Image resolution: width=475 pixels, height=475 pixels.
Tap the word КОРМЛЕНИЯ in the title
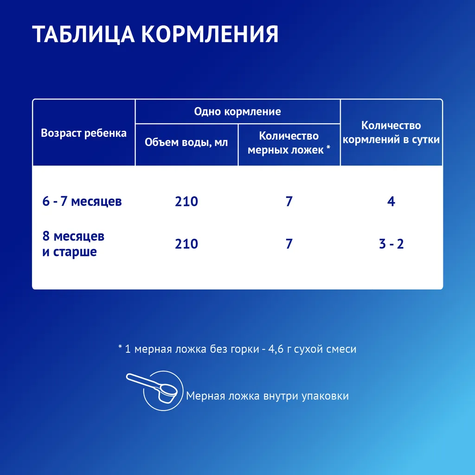tap(210, 34)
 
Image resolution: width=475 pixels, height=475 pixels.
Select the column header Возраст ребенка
tap(83, 133)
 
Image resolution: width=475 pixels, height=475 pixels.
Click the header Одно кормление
tap(237, 112)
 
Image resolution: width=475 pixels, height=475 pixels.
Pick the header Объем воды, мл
tap(186, 142)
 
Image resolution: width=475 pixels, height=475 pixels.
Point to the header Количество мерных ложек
tap(289, 143)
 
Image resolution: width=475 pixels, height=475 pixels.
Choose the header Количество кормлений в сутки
tap(391, 132)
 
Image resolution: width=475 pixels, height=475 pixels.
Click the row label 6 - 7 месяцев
tap(82, 201)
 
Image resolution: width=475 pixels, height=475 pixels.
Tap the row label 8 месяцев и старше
tap(73, 244)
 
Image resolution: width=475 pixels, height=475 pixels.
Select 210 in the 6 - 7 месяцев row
tap(186, 201)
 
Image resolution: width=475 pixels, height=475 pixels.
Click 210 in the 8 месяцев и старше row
tap(186, 244)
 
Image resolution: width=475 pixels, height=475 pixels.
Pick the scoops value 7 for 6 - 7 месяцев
tap(289, 201)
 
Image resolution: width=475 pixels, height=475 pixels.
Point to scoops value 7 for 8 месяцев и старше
tap(289, 244)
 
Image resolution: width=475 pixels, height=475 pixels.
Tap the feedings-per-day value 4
tap(391, 201)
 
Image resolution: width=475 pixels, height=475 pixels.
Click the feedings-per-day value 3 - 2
tap(391, 244)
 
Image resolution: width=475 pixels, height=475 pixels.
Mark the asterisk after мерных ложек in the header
tap(328, 148)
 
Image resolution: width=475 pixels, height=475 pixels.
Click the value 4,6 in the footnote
tap(276, 349)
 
